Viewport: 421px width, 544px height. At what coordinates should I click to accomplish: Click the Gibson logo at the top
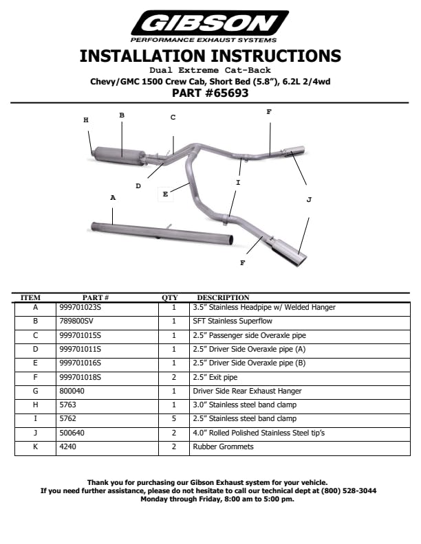coord(210,25)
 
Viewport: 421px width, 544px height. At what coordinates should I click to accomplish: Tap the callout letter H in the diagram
coord(86,120)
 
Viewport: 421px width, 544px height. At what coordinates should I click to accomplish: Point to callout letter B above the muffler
coord(122,115)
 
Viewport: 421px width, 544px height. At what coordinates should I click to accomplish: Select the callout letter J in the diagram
coord(309,200)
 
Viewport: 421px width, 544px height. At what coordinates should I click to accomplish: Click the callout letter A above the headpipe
coord(113,197)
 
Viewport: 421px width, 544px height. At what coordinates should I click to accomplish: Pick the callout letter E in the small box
coord(165,194)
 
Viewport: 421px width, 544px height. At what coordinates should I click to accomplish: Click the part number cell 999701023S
coord(80,307)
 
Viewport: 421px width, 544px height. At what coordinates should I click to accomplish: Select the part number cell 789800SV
coord(76,321)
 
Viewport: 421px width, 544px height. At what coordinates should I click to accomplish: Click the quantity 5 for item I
coord(174,419)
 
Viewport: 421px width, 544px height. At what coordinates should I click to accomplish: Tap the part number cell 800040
coord(72,391)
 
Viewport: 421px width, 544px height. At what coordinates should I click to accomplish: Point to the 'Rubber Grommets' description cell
coord(223,446)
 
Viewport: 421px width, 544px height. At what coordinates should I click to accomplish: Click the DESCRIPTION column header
coord(223,297)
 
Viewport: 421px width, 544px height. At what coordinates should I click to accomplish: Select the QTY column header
coord(170,297)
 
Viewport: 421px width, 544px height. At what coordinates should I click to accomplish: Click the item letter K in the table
coord(35,446)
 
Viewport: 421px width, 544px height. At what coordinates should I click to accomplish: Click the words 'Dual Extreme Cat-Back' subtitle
coord(210,70)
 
